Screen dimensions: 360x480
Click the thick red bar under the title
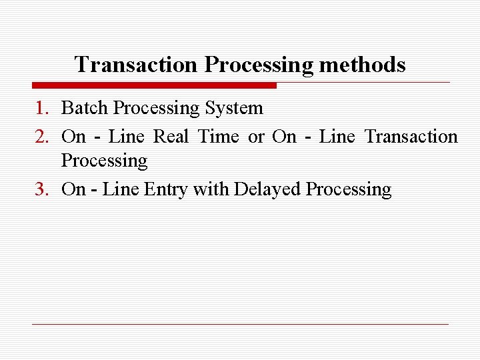154,85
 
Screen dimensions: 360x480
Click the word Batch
83,108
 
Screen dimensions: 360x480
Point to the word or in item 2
256,137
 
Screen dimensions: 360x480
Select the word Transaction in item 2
411,137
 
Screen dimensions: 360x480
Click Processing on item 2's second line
104,161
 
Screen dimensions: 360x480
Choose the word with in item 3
211,189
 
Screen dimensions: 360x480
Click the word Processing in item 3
349,190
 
